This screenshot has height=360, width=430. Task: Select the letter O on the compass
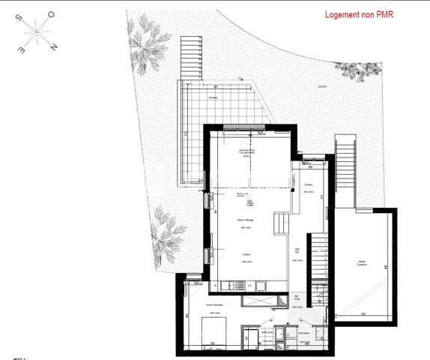(x=51, y=14)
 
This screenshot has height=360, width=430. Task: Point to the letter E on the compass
(x=22, y=50)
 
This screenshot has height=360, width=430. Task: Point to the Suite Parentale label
(x=215, y=306)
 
